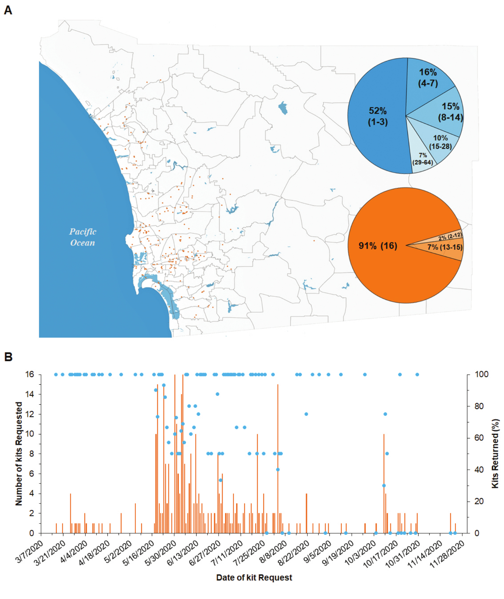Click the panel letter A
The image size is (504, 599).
pyautogui.click(x=8, y=10)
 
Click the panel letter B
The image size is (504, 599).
pyautogui.click(x=8, y=357)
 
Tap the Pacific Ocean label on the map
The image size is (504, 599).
pyautogui.click(x=82, y=237)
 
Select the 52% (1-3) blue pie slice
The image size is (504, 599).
pyautogui.click(x=377, y=116)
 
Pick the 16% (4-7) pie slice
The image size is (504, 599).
pyautogui.click(x=428, y=77)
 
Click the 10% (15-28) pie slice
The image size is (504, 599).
pyautogui.click(x=440, y=142)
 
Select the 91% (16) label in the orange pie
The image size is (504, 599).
pyautogui.click(x=377, y=246)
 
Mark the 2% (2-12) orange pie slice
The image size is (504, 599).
pyautogui.click(x=450, y=236)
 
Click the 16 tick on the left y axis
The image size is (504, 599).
pyautogui.click(x=30, y=374)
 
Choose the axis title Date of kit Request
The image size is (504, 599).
pyautogui.click(x=254, y=577)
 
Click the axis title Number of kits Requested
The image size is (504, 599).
pyautogui.click(x=19, y=453)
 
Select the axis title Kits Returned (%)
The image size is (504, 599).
pyautogui.click(x=495, y=453)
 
